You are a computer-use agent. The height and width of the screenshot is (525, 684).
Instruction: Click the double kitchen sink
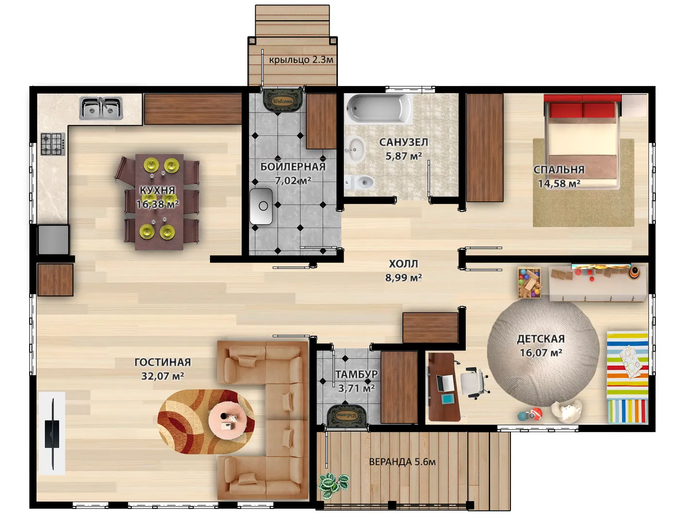point(101,108)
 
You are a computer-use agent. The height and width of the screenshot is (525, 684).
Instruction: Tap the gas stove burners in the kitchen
point(53,144)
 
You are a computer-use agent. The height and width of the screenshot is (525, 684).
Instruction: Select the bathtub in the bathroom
point(379,108)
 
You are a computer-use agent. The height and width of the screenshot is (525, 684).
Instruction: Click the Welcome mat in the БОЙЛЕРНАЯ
point(283,101)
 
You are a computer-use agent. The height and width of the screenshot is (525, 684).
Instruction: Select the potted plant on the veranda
point(333,486)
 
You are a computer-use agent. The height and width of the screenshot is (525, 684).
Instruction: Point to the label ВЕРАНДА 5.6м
point(402,462)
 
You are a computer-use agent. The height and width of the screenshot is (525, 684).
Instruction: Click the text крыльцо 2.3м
point(301,60)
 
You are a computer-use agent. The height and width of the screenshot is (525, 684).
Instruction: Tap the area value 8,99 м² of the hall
point(403,278)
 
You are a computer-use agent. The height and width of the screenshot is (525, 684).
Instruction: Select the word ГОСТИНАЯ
point(163,362)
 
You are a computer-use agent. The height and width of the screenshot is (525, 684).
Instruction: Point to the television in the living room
point(52,434)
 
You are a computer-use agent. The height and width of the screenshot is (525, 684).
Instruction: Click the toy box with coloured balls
point(530,282)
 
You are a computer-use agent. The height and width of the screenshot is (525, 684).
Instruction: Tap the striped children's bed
point(627,377)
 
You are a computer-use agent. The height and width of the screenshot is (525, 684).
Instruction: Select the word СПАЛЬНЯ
point(559,170)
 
